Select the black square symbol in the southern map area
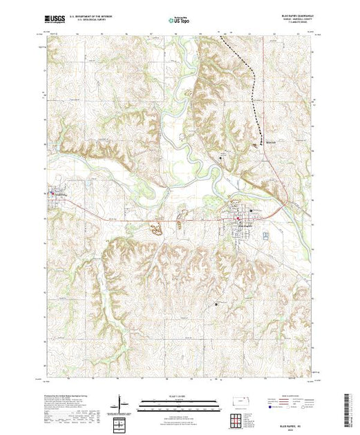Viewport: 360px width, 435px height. tap(216, 304)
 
